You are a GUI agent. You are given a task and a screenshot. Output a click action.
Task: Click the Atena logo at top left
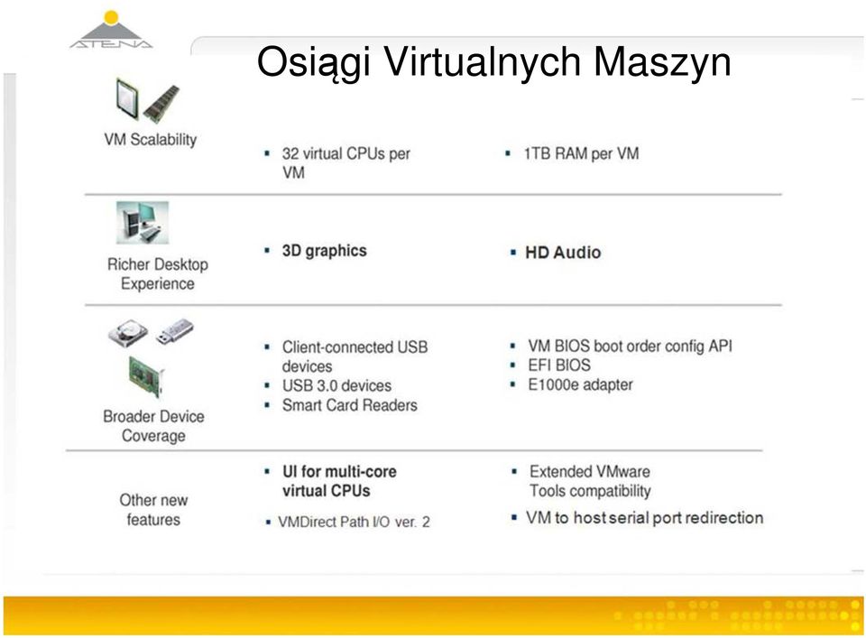(111, 31)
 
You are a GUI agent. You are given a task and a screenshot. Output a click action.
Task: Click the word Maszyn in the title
(662, 62)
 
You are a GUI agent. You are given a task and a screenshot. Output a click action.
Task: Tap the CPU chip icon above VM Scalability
(127, 98)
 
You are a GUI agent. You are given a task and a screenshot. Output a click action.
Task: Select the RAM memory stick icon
(161, 103)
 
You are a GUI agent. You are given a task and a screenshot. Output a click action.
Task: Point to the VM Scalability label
(151, 139)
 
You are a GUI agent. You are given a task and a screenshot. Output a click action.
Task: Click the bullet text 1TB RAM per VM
(581, 153)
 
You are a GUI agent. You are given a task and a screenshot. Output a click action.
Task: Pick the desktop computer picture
(142, 222)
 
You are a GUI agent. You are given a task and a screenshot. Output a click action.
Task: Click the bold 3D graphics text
(324, 251)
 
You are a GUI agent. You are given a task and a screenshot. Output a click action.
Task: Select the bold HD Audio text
(563, 253)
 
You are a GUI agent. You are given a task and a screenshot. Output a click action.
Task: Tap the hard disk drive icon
(127, 333)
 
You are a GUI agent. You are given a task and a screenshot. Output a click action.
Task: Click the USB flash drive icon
(174, 331)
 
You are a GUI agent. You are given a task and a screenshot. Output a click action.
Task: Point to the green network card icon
(146, 376)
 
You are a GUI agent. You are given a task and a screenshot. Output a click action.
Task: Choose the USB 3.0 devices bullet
(336, 385)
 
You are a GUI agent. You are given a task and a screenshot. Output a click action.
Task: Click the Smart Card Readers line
(350, 405)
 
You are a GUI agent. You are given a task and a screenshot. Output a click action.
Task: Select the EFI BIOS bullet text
(559, 365)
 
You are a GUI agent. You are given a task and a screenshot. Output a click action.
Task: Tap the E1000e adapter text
(580, 384)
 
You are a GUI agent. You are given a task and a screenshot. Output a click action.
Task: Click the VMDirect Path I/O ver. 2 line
(354, 522)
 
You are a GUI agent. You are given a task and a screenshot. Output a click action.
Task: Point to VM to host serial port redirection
(644, 518)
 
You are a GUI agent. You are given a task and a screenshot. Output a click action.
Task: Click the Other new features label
(153, 510)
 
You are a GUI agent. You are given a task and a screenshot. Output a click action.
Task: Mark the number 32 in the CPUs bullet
(290, 153)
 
